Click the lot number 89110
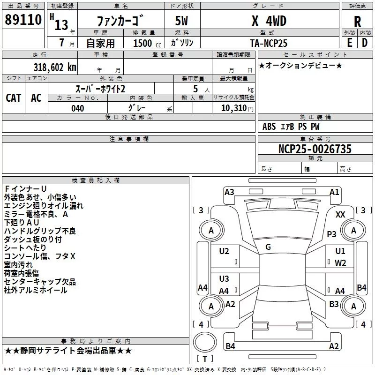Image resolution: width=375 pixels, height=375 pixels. [24, 20]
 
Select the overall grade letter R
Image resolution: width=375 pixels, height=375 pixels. [357, 21]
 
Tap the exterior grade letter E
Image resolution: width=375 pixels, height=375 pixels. [349, 42]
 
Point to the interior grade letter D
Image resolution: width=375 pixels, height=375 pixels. [365, 42]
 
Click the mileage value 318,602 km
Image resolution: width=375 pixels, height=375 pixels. [55, 67]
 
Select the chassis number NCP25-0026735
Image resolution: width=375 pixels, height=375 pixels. [315, 149]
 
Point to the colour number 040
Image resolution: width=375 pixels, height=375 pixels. [77, 108]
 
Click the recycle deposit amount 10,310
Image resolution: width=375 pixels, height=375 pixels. [233, 108]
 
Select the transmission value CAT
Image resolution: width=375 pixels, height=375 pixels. [14, 97]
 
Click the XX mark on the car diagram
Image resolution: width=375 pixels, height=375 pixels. [341, 214]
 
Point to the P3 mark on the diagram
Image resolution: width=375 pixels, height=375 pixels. [332, 234]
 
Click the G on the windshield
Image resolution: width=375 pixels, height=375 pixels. [268, 247]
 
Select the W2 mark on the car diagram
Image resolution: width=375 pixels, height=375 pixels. [340, 262]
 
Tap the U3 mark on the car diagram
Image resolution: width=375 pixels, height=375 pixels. [224, 279]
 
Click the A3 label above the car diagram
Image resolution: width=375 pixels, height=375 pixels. [229, 192]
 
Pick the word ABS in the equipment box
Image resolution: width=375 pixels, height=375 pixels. [269, 127]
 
